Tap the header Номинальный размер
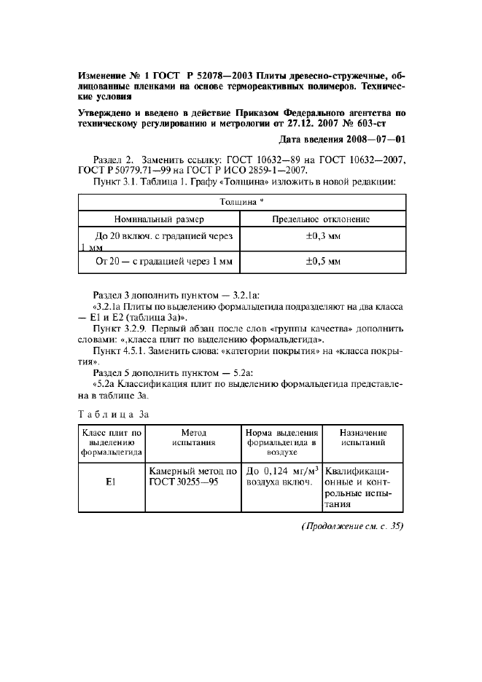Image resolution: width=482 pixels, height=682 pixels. pos(159,219)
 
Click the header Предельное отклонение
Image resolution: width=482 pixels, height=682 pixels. pos(321,219)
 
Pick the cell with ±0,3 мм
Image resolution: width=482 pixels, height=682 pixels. pos(322,237)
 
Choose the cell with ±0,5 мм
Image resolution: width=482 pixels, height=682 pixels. pos(322,261)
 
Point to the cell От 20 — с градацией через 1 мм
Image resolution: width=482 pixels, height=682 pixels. pos(158,261)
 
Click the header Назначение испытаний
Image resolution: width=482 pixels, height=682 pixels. pos(362,437)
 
